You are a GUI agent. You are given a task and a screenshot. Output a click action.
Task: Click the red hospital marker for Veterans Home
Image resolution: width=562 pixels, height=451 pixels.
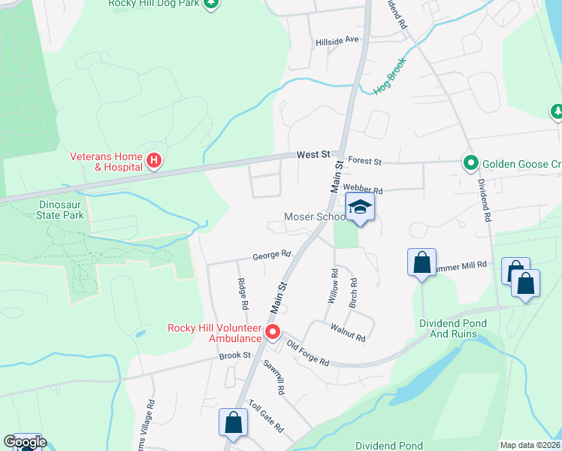tap(154, 160)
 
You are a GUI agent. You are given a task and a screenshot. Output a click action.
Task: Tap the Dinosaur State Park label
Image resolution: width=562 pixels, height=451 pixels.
tap(62, 209)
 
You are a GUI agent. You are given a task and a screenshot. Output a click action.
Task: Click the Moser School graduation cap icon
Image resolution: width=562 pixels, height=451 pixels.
tap(360, 207)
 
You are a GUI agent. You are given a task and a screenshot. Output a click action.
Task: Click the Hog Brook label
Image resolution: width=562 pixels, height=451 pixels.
tap(389, 77)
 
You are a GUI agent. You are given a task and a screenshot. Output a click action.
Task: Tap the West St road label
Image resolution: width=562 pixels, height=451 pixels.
tap(313, 154)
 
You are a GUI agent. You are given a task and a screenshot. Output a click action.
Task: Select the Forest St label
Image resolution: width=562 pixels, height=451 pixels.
tap(366, 162)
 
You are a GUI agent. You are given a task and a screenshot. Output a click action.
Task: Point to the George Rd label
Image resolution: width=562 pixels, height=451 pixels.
tap(271, 255)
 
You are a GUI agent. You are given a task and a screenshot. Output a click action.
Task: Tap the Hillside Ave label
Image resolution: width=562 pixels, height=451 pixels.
tap(337, 40)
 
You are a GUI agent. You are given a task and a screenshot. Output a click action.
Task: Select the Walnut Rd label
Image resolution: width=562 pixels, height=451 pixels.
tap(348, 331)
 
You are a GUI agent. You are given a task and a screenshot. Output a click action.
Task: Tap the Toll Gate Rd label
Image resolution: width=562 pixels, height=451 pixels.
tap(266, 416)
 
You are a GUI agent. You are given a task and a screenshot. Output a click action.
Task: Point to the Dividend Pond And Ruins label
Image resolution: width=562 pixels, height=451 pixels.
tap(457, 328)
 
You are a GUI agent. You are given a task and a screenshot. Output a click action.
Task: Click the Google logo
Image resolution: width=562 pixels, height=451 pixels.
tap(24, 442)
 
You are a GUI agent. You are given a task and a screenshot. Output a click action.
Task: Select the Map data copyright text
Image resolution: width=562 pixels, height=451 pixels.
tap(530, 445)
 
